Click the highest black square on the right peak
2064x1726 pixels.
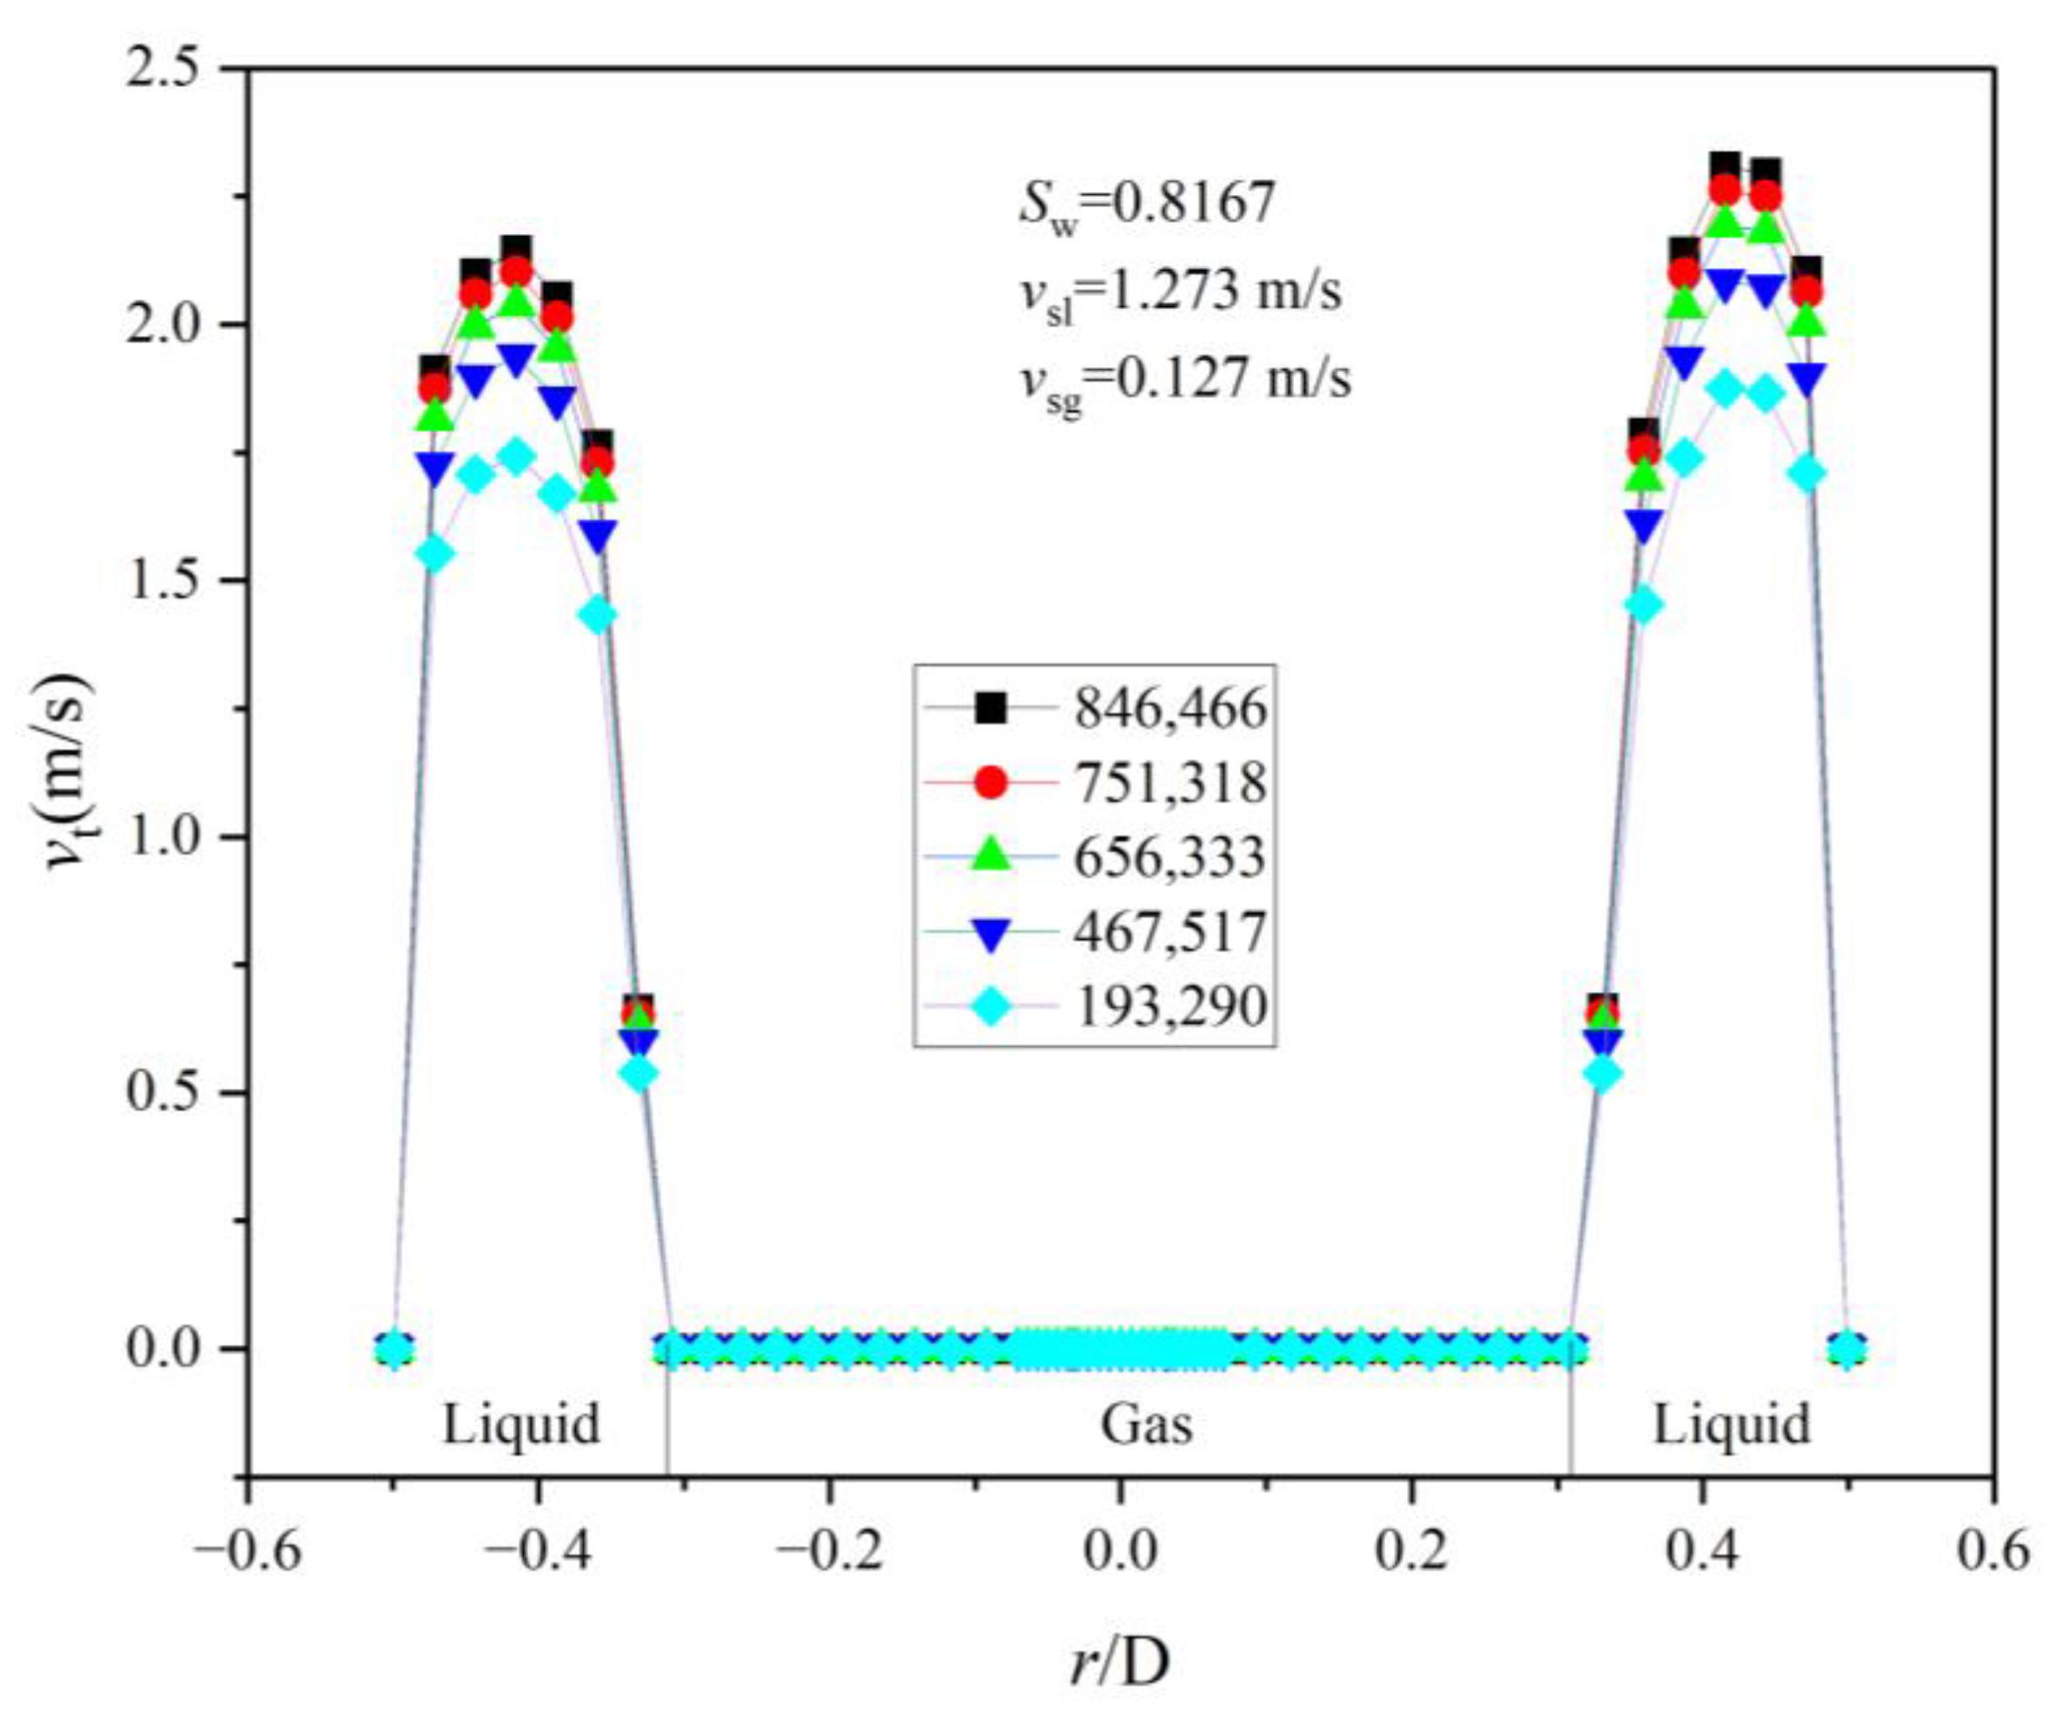(x=1725, y=166)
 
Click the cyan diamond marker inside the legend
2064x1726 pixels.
(x=992, y=1005)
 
